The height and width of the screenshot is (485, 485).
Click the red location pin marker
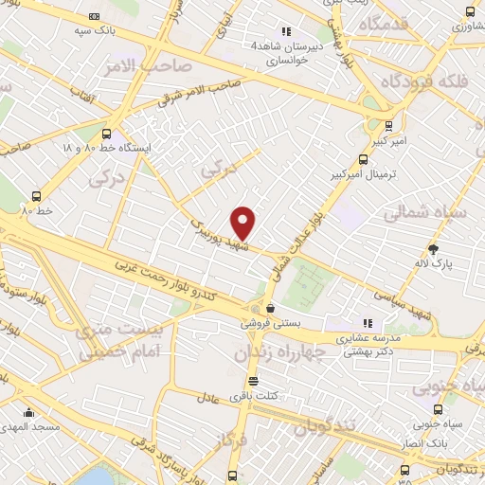coord(243,223)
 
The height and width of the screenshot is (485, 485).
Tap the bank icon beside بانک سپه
coord(93,16)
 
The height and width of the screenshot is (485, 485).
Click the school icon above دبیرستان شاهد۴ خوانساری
coord(286,30)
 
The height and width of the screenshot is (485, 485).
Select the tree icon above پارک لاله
coord(434,249)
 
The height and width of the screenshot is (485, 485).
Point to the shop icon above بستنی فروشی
coord(271,308)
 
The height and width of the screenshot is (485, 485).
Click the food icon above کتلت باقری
coord(252,381)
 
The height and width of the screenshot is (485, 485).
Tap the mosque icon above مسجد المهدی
coord(29,413)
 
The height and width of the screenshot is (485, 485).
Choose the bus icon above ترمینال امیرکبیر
coord(363,160)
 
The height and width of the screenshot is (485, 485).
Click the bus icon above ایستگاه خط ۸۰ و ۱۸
coord(106,134)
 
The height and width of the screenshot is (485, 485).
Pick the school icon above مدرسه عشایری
coord(368,323)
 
